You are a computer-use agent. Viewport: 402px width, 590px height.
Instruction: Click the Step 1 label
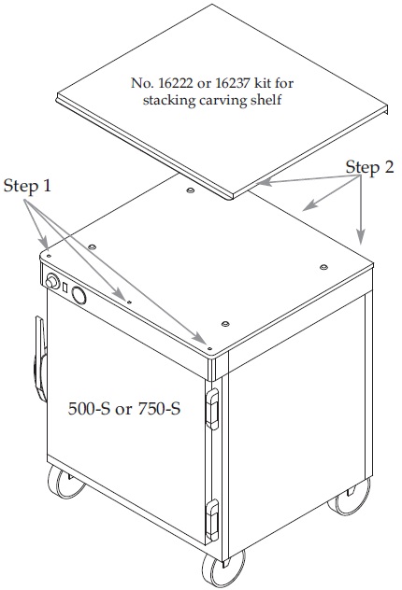point(27,186)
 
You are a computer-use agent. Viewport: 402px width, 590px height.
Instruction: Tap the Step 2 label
point(369,167)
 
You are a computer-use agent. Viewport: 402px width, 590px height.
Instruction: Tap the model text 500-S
point(90,408)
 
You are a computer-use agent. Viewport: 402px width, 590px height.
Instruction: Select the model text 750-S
point(159,408)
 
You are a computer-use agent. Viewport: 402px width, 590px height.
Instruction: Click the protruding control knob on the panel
point(52,282)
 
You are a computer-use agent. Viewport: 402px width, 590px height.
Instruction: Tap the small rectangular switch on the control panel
point(65,288)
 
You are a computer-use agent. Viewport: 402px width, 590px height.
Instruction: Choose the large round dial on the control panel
point(79,295)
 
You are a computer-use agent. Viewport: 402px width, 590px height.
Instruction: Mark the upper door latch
point(212,409)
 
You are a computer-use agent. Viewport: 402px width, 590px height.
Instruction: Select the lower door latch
point(212,520)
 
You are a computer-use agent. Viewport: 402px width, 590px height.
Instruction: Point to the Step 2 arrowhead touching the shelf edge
point(264,183)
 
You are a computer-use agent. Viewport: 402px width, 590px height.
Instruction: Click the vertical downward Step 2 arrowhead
point(361,238)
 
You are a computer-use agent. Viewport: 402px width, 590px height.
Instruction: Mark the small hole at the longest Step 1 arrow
point(209,348)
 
